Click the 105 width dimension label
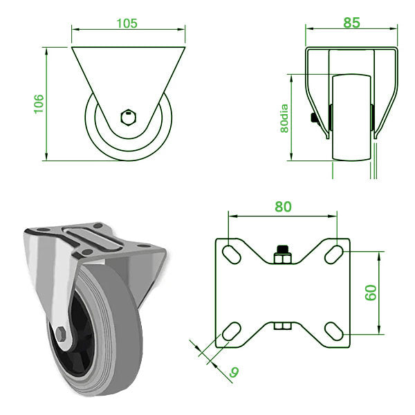click(x=127, y=22)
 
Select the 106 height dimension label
click(x=39, y=103)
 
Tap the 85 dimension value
click(x=351, y=22)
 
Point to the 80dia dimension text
click(x=284, y=116)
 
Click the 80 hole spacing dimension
click(x=282, y=207)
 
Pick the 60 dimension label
click(x=371, y=292)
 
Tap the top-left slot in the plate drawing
click(x=231, y=252)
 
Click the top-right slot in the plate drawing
click(x=335, y=252)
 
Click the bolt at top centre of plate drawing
click(x=282, y=255)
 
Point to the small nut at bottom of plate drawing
click(x=282, y=325)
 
